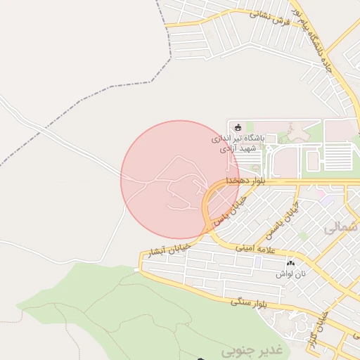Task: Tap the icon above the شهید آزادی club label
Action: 237,127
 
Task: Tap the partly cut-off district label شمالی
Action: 342,229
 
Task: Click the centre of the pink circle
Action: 180,179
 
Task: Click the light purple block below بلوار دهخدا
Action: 328,200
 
